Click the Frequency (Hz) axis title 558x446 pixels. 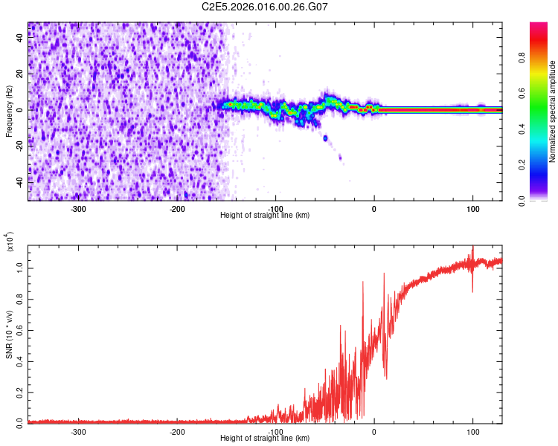[x=9, y=111]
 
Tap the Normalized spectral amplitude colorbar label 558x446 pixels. [x=552, y=111]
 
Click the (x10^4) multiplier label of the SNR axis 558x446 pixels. [x=9, y=242]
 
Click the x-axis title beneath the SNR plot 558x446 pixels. [x=265, y=439]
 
